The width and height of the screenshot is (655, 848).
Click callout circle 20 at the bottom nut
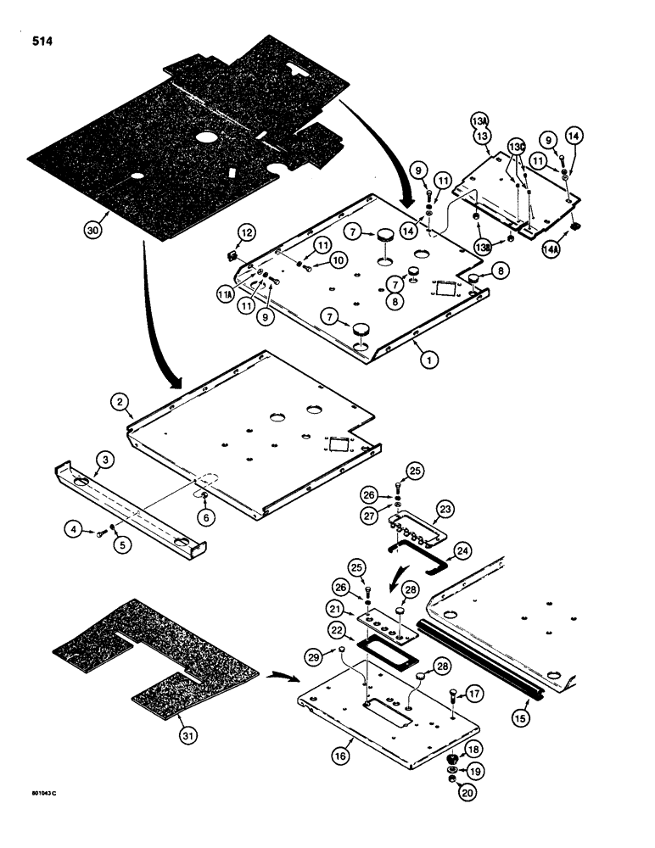(x=465, y=794)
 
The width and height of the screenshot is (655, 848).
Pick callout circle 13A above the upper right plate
(x=479, y=122)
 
